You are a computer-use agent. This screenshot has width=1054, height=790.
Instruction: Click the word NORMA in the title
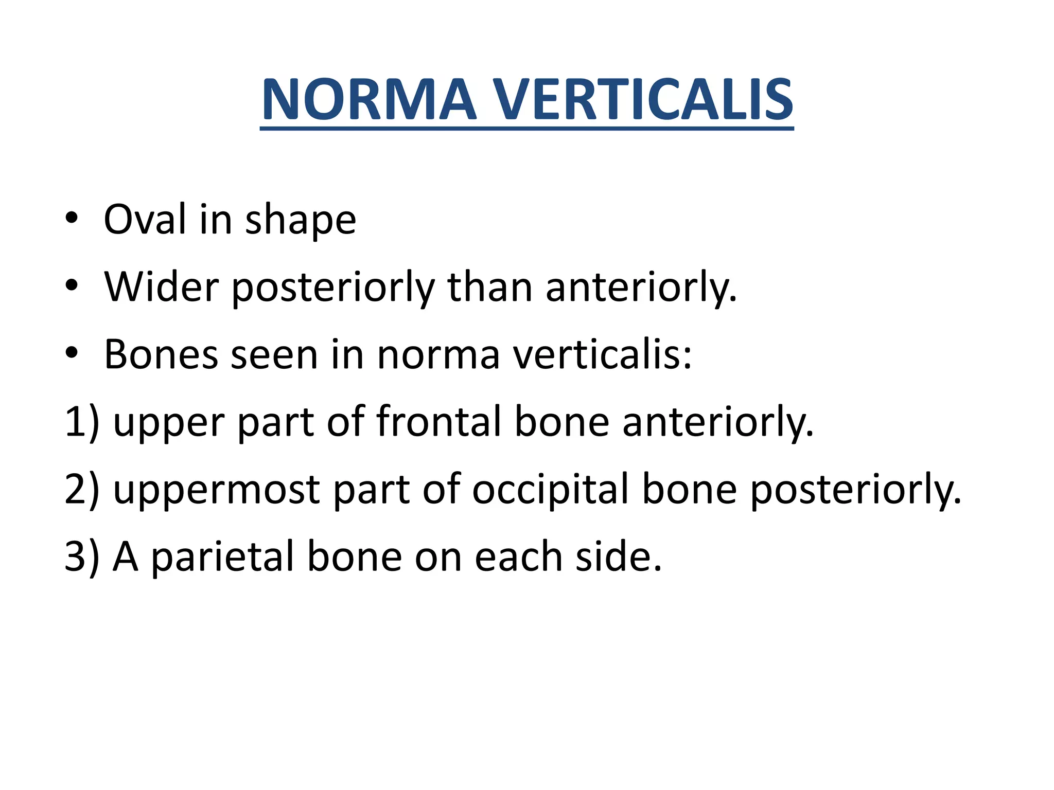[368, 100]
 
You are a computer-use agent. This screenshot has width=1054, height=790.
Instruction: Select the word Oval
[145, 220]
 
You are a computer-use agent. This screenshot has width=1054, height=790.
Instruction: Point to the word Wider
[161, 287]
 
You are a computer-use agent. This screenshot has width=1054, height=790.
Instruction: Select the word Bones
[161, 355]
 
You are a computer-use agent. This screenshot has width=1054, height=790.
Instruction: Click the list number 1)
[82, 422]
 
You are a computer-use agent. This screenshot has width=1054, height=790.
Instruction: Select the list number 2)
[82, 489]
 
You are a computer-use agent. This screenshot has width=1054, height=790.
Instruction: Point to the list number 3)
[82, 556]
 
